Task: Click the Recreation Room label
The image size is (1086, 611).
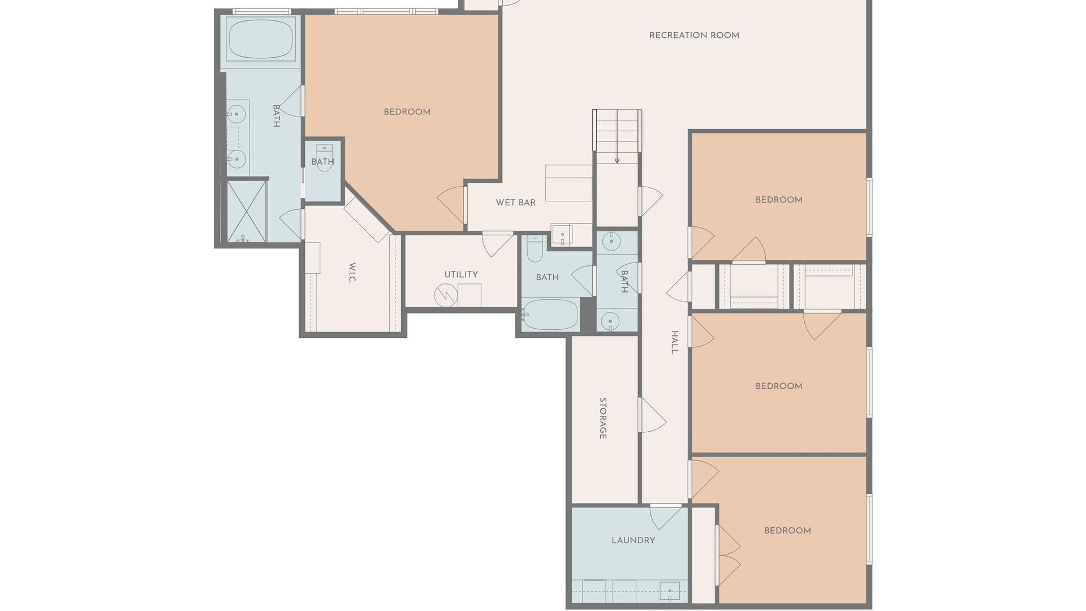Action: point(694,35)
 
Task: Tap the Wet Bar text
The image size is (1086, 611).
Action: point(515,203)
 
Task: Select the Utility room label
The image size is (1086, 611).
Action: point(461,274)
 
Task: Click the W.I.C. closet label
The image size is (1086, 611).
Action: point(352,273)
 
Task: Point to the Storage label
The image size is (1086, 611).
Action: point(603,418)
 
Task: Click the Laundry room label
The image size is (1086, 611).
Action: point(633,540)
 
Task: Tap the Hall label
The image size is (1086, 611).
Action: point(674,342)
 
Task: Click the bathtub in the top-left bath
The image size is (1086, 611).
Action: point(261,38)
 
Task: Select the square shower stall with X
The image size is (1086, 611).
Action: point(247,211)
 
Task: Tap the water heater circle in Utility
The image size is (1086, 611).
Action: point(445,295)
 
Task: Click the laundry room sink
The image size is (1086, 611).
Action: point(670,591)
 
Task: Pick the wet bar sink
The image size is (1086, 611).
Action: point(562,234)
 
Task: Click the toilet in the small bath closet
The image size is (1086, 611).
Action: point(324,158)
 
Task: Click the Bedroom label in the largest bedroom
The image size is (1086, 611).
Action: point(407,112)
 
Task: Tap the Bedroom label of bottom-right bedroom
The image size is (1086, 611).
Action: point(787,531)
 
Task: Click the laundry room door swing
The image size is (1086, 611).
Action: point(666,517)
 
